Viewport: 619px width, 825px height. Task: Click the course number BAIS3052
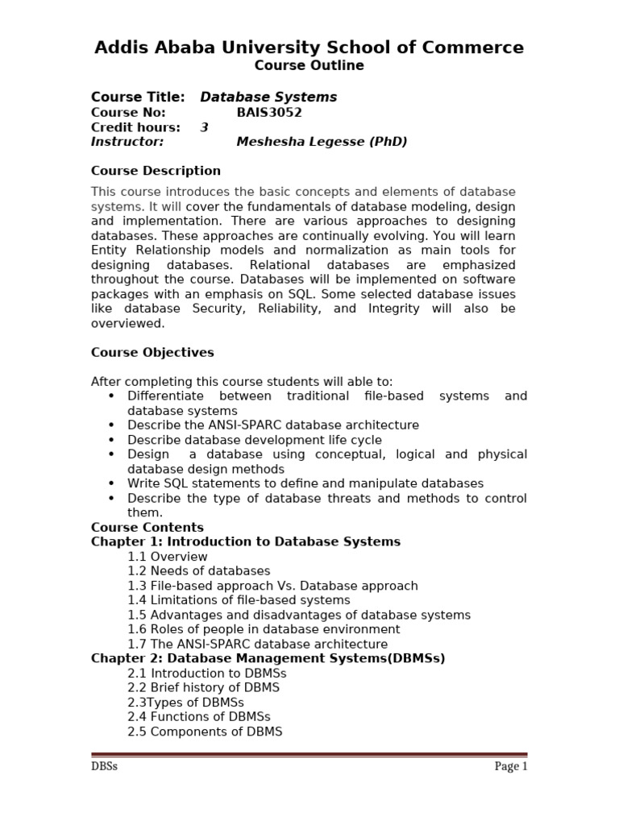269,113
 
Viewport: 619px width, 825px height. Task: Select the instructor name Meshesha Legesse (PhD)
322,142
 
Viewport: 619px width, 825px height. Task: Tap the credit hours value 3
204,127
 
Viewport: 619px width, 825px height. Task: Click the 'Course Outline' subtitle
309,66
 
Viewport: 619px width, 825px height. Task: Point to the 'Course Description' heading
156,171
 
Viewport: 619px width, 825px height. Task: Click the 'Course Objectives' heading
152,352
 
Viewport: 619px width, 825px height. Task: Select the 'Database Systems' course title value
268,97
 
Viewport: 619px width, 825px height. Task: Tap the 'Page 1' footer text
510,766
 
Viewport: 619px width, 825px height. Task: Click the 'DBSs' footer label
104,766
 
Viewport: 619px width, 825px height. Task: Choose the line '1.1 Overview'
167,557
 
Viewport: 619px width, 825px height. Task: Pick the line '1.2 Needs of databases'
198,571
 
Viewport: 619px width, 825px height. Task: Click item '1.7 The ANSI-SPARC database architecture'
257,644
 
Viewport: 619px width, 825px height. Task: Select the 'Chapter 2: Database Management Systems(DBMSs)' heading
268,658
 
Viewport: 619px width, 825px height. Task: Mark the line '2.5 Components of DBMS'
205,731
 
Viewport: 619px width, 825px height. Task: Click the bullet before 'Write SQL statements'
111,484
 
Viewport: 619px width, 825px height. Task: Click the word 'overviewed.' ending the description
127,323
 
